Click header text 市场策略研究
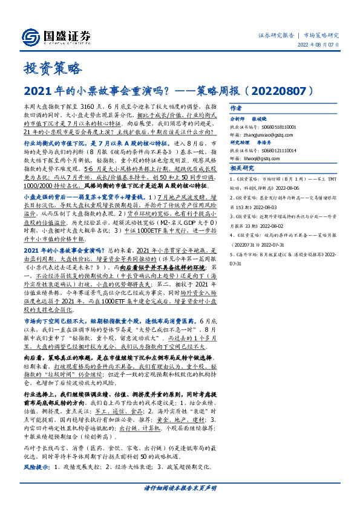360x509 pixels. pyautogui.click(x=321, y=36)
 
